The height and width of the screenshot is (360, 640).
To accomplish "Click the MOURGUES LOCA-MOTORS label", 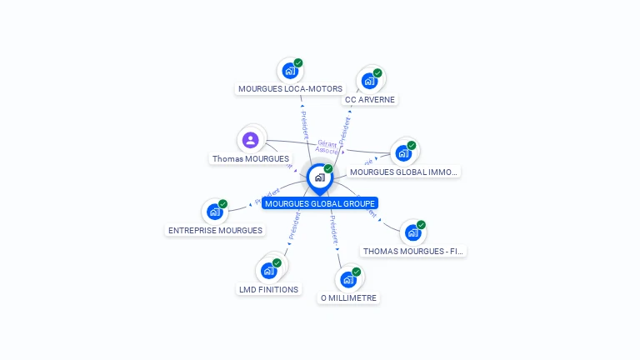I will pos(290,88).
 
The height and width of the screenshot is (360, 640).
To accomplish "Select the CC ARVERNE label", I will pos(370,99).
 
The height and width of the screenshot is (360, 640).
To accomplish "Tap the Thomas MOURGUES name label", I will pos(251,158).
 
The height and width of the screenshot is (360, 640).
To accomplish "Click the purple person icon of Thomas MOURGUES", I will pos(251,139).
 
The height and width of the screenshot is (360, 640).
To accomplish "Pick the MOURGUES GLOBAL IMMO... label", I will pos(403,172).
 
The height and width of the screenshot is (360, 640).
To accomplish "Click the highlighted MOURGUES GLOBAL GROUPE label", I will pos(320,203).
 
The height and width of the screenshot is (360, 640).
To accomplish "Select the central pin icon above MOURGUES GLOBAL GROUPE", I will pos(319,177).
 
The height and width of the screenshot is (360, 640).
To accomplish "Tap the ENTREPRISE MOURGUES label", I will pos(215,230).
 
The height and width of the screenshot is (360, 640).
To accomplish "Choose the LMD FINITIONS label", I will pos(268,289).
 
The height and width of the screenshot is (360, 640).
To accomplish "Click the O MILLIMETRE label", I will pos(348,297).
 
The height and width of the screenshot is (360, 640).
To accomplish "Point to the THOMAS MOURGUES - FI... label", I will pos(413,251).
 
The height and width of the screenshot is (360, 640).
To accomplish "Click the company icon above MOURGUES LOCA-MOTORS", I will pos(290,70).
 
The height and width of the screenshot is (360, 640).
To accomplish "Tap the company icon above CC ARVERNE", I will pos(369,81).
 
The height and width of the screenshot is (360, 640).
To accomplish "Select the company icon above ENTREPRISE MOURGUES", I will pos(215,212).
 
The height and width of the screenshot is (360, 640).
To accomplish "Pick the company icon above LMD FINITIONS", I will pos(268,271).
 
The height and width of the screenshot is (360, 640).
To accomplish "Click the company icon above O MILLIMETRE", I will pos(348,279).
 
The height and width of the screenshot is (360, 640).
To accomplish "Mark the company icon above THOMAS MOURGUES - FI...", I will pos(413,232).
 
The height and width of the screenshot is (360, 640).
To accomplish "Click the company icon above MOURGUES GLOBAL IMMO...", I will pos(403,153).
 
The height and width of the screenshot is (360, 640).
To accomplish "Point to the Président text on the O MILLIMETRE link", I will pos(333,230).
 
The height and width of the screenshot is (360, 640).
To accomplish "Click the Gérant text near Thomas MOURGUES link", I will pos(327,143).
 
